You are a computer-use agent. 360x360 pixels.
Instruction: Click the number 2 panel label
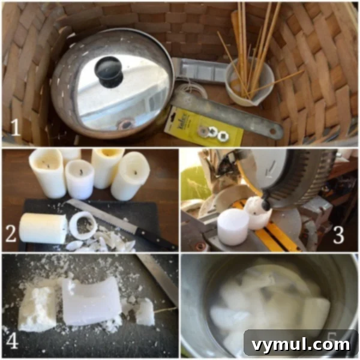pyautogui.click(x=11, y=234)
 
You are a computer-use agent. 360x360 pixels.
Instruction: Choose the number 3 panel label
pyautogui.click(x=338, y=235)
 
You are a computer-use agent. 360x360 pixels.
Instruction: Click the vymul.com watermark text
pyautogui.click(x=301, y=344)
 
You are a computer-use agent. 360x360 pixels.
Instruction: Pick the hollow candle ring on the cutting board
pyautogui.click(x=82, y=226)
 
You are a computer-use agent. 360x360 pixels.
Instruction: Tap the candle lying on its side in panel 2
pyautogui.click(x=43, y=229)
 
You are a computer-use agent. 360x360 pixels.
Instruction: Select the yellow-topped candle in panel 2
pyautogui.click(x=107, y=167)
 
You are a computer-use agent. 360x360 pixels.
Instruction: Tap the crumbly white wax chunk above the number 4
pyautogui.click(x=37, y=307)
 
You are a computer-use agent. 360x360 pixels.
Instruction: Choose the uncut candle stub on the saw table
pyautogui.click(x=233, y=226)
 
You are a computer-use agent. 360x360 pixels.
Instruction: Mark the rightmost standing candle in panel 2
pyautogui.click(x=130, y=175)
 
